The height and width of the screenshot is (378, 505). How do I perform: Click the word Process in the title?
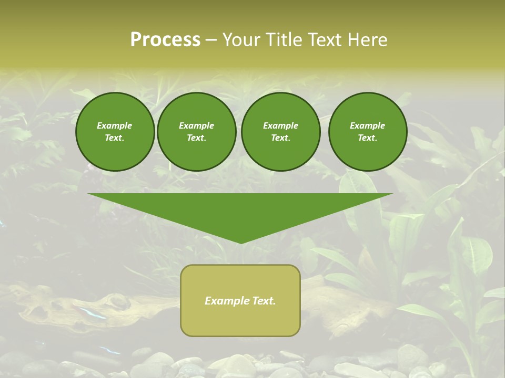coord(165,40)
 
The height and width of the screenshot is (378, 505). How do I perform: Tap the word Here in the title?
coord(368,40)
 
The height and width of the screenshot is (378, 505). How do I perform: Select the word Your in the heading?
coord(240,40)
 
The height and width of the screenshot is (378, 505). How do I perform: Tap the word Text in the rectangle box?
coord(264,301)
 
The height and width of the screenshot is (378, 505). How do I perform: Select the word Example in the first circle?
coord(115,125)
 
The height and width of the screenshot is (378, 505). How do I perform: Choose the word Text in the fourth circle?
coord(367,138)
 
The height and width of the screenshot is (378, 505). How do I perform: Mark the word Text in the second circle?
coord(196,138)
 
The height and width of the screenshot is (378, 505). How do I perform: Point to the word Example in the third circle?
coord(280,125)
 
